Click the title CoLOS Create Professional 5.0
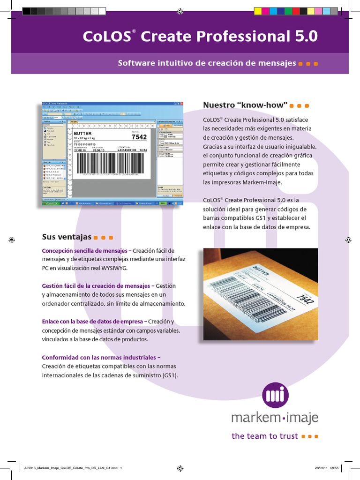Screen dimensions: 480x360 click(x=200, y=37)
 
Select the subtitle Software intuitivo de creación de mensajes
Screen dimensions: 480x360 click(x=207, y=63)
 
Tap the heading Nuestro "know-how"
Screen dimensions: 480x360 click(x=244, y=105)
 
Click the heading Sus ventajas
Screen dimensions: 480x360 click(x=67, y=237)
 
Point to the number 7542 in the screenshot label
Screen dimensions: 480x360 click(x=139, y=137)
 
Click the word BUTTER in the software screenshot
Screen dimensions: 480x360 click(x=83, y=134)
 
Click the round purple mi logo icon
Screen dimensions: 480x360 click(x=275, y=395)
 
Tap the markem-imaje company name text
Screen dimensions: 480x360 click(x=275, y=418)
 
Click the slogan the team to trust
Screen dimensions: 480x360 click(x=265, y=436)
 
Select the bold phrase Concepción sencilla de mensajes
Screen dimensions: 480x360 click(x=84, y=250)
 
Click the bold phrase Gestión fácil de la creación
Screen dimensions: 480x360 click(x=96, y=285)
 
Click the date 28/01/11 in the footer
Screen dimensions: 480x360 click(x=321, y=467)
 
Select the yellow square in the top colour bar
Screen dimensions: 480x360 click(x=257, y=10)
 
